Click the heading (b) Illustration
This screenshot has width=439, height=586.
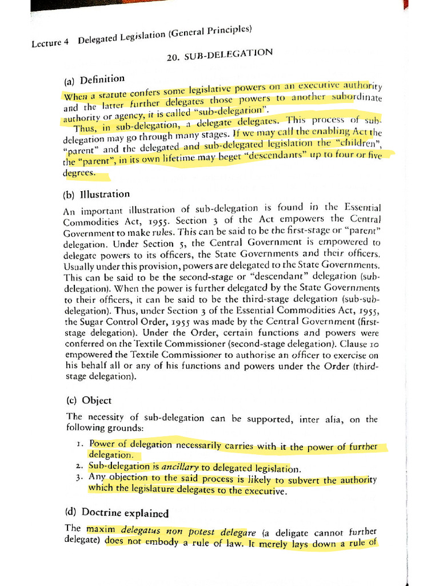pyautogui.click(x=97, y=194)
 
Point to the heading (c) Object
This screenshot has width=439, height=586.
pyautogui.click(x=89, y=401)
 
